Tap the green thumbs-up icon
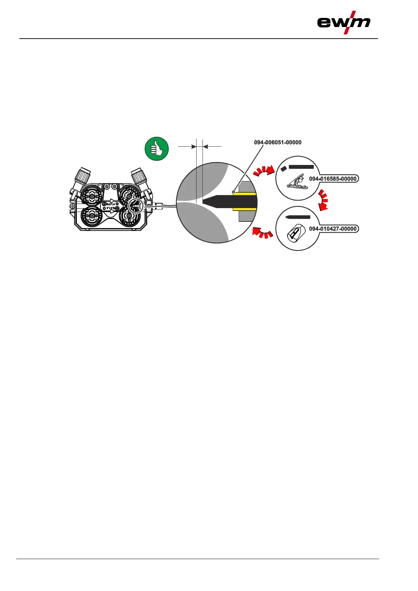point(157,149)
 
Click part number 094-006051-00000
point(278,142)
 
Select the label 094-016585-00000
point(333,179)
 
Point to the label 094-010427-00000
point(333,229)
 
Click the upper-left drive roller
point(92,197)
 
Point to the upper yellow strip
point(244,194)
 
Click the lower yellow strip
point(244,210)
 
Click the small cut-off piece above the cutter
point(284,168)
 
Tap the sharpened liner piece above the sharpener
point(298,217)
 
